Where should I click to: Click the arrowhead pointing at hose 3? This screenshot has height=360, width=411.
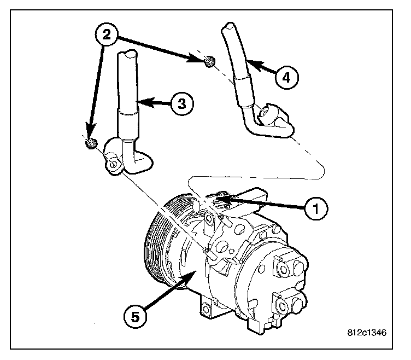pos(139,101)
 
